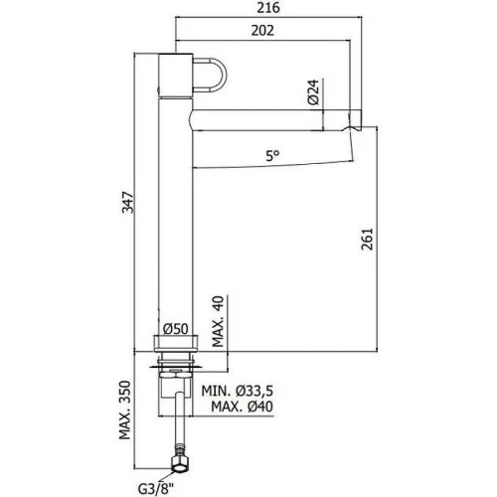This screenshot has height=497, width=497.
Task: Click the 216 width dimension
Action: click(x=268, y=8)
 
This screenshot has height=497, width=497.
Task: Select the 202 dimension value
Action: click(x=262, y=31)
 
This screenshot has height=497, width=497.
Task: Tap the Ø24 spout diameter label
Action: click(x=313, y=92)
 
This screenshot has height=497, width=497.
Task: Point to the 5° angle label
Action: click(x=272, y=155)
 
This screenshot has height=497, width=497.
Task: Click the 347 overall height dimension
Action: click(x=128, y=202)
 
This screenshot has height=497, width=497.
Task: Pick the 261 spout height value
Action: click(x=367, y=239)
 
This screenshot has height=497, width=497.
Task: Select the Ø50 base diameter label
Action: click(x=176, y=329)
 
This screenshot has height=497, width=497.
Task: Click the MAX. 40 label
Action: click(x=218, y=321)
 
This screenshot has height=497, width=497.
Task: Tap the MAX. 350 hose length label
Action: click(x=125, y=411)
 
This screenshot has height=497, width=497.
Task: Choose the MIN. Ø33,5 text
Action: click(x=238, y=391)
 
